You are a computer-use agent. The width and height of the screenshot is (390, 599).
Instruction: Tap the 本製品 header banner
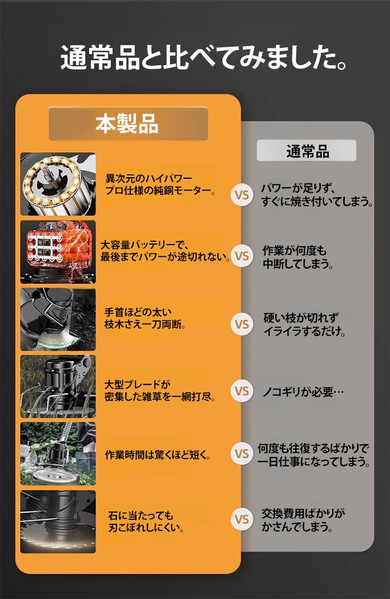(x=128, y=123)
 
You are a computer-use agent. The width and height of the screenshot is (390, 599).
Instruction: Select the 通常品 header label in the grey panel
(x=306, y=150)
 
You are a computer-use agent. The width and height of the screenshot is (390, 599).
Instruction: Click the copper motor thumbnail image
(x=58, y=184)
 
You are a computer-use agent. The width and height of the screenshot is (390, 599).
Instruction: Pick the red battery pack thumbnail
(x=58, y=252)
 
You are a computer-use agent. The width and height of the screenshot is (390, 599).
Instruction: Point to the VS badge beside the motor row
(x=242, y=195)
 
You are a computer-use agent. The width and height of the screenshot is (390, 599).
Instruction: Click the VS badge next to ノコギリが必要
(x=242, y=391)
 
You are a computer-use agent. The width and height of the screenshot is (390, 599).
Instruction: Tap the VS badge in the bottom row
(x=242, y=519)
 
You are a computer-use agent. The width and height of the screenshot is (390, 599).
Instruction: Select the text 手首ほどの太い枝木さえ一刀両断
(x=145, y=318)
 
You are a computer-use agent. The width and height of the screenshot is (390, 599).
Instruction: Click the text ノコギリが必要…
(x=303, y=392)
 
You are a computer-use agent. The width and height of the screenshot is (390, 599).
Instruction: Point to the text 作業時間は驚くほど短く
(x=157, y=455)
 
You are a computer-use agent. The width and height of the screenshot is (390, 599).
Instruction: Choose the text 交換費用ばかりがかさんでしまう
(x=303, y=520)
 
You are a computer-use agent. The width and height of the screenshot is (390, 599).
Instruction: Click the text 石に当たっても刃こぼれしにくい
(x=145, y=522)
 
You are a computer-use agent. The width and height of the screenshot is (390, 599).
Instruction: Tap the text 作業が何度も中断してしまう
(x=298, y=257)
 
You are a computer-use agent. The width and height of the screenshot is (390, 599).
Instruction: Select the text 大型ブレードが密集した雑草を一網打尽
(x=160, y=391)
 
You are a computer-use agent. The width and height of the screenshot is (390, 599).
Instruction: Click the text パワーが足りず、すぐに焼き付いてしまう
(x=317, y=195)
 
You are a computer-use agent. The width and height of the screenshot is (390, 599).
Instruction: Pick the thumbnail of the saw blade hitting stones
(x=58, y=522)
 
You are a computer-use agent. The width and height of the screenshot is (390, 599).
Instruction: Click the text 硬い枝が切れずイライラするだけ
(x=304, y=324)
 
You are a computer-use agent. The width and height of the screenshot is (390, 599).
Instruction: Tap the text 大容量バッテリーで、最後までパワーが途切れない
(x=166, y=251)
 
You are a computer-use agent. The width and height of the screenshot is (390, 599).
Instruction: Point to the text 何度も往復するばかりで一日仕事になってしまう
(x=314, y=455)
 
